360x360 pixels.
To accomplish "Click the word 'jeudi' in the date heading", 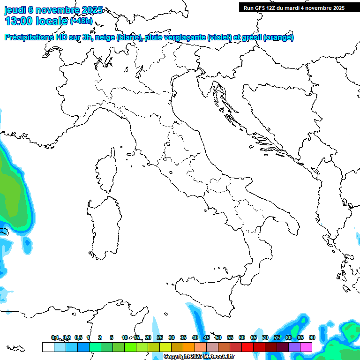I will click(x=15, y=10).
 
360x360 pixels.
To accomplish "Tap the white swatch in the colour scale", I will click(x=48, y=347).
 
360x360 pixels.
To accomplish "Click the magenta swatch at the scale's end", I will click(x=306, y=347).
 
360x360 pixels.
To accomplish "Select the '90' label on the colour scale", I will click(x=312, y=337).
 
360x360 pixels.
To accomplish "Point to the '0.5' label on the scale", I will click(x=78, y=337).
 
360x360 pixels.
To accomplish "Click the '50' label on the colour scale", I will click(x=218, y=337).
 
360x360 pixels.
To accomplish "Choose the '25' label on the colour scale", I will click(x=160, y=337).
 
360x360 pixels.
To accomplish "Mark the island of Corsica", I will click(x=106, y=171).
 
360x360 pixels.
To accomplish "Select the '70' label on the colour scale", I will click(x=265, y=337).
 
